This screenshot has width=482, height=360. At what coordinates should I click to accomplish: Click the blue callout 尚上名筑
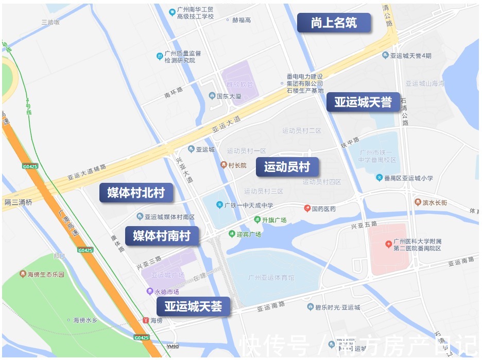coord(334,23)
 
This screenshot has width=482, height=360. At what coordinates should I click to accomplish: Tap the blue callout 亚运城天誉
coord(363,102)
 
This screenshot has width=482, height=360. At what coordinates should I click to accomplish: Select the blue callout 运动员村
coord(287,167)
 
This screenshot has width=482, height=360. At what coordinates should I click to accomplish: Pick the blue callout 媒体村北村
coord(136,193)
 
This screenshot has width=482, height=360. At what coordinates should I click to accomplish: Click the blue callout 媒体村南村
coord(162,236)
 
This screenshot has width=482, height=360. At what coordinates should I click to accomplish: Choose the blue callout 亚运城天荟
coord(194,307)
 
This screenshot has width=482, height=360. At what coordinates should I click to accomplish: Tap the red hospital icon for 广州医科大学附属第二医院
coord(388,243)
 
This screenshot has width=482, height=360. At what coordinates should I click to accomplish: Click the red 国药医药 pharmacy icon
coord(307,209)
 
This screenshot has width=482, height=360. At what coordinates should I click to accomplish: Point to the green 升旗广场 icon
coord(257,220)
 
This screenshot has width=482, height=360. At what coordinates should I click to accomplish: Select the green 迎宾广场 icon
coord(232,234)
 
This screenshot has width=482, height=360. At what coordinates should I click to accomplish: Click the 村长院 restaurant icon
coord(224,165)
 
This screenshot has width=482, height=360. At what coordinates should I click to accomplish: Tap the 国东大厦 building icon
coord(212,96)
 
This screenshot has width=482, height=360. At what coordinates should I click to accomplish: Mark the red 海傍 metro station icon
coord(146,320)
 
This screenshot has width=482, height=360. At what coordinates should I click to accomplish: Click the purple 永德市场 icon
coord(150,292)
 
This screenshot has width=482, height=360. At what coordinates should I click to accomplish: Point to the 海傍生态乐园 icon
coord(23,274)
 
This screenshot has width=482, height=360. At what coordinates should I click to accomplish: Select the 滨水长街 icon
coord(418,202)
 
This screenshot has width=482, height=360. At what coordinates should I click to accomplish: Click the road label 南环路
coord(174,95)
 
